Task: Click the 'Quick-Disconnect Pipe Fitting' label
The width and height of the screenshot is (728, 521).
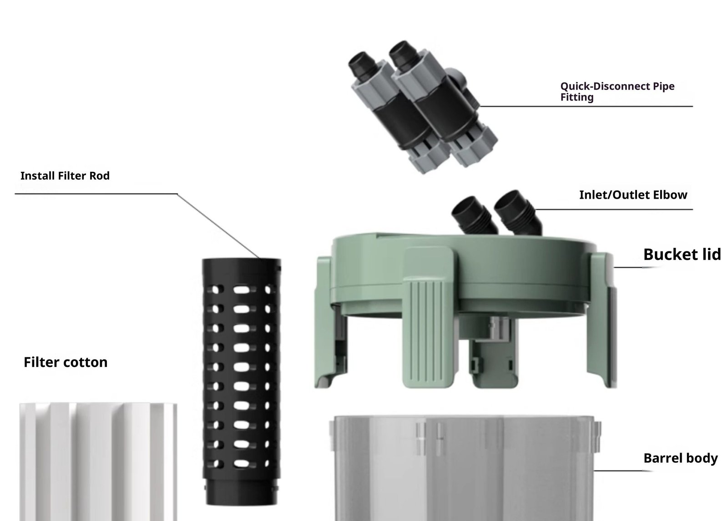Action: coord(617,91)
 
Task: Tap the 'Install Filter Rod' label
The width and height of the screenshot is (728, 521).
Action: coord(65,176)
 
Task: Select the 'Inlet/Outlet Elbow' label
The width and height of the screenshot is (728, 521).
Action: coord(633,195)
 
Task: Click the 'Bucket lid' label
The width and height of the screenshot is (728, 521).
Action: coord(682,254)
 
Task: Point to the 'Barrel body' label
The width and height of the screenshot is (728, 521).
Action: coord(681,458)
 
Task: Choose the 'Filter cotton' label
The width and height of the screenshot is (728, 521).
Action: coord(66,362)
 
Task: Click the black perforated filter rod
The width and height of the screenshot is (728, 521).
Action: coord(241,381)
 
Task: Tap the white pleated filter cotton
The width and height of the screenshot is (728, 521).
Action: coord(98,462)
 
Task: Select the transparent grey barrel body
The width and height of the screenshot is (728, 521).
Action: coord(465,468)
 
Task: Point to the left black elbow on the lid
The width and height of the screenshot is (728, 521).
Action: coord(474,215)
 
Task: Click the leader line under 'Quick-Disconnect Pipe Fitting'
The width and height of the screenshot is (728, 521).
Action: coord(586,106)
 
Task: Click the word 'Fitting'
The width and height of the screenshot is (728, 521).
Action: coord(577,97)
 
